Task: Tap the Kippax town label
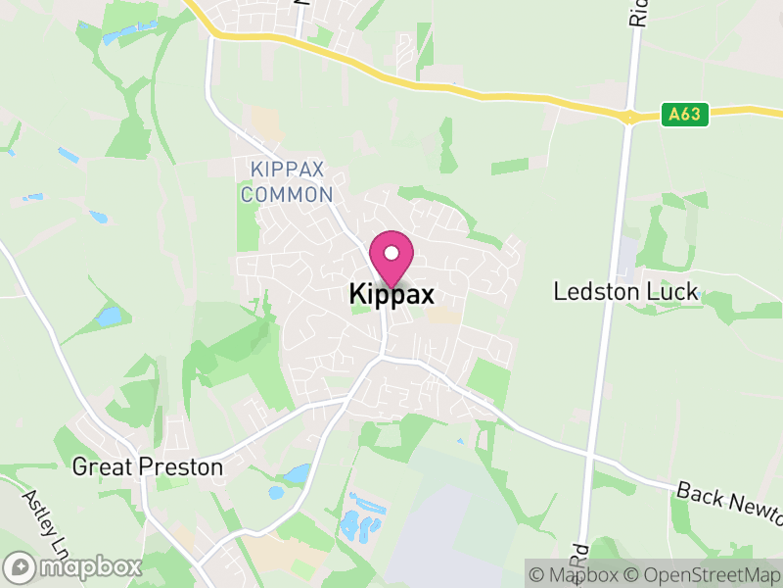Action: point(391,295)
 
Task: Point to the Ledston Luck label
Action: point(625,291)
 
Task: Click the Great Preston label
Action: point(148,467)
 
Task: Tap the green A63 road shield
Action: point(684,114)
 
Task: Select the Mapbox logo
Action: point(73,566)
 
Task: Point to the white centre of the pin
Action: point(391,254)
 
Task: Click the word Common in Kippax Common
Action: point(287,194)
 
